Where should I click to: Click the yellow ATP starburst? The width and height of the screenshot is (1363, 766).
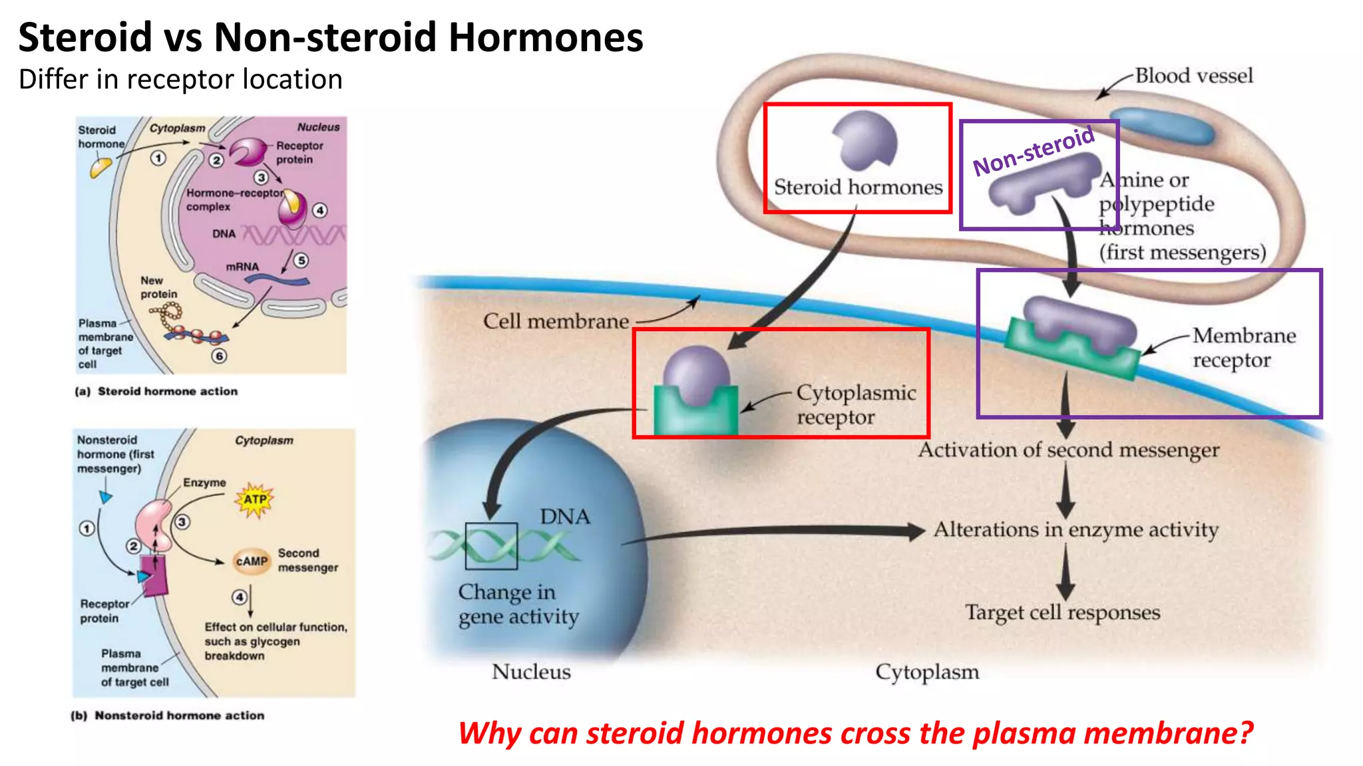point(255,499)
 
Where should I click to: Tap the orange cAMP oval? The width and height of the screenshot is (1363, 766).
point(252,561)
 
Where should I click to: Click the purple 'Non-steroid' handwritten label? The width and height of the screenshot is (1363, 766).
point(1034,151)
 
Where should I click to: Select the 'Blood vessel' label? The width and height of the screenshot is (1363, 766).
point(1193,76)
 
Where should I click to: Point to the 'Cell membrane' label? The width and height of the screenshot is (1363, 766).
point(556,322)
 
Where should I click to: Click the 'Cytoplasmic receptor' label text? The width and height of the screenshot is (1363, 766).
point(855,404)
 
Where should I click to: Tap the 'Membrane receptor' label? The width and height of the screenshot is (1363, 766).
point(1243,347)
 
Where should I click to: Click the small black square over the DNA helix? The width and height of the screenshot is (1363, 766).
point(491,546)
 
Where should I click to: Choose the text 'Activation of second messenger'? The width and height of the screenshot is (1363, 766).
point(1068,450)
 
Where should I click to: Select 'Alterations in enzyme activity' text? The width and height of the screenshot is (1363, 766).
point(1075,530)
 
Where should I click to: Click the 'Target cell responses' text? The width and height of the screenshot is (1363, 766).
point(1062,612)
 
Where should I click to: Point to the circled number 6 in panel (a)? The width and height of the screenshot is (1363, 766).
point(219,356)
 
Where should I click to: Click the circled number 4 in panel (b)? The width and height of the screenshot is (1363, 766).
point(240,596)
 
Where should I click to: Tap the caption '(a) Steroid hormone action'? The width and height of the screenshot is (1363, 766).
point(157,392)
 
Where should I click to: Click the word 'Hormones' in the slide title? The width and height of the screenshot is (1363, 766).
point(545,37)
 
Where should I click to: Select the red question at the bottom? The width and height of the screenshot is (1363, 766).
point(855,733)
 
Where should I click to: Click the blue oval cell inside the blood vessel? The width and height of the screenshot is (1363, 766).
point(1162,126)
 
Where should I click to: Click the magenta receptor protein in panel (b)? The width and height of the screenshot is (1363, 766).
point(154,574)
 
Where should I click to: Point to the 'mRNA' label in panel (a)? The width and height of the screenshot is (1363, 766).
point(242,267)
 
